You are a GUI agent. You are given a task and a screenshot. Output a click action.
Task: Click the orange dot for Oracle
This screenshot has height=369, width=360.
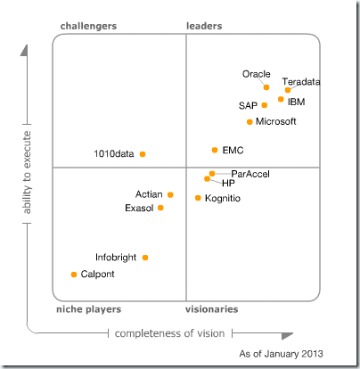266,87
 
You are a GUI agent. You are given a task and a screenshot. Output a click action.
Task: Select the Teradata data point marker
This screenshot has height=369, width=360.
288,90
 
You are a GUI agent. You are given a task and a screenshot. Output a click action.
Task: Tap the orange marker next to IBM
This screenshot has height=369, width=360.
281,100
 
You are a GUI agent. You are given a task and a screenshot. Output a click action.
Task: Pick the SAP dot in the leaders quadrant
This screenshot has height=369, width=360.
265,105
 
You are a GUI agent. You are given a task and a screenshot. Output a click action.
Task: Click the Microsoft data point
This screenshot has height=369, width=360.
250,121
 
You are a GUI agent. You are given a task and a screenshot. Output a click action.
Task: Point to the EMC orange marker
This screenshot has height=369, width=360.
215,150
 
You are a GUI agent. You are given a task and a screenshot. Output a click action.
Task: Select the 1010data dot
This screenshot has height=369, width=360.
143,154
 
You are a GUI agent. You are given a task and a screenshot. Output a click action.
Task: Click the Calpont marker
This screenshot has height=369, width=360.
74,275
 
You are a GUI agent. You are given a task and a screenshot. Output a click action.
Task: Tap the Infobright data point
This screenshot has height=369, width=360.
145,258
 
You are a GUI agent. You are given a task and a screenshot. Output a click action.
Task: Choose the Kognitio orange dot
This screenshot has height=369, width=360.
198,198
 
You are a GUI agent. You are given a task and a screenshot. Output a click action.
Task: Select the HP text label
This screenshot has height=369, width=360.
228,183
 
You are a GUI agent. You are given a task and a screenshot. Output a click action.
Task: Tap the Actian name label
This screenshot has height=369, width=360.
149,193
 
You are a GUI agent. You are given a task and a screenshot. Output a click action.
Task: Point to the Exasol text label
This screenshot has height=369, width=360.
139,208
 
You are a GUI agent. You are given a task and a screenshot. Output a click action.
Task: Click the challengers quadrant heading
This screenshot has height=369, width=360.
88,27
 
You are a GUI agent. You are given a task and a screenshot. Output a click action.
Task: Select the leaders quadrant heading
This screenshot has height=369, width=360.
204,27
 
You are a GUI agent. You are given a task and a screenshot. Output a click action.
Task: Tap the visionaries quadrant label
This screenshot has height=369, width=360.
211,308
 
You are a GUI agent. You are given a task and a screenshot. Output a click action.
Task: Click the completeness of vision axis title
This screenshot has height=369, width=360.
169,332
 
